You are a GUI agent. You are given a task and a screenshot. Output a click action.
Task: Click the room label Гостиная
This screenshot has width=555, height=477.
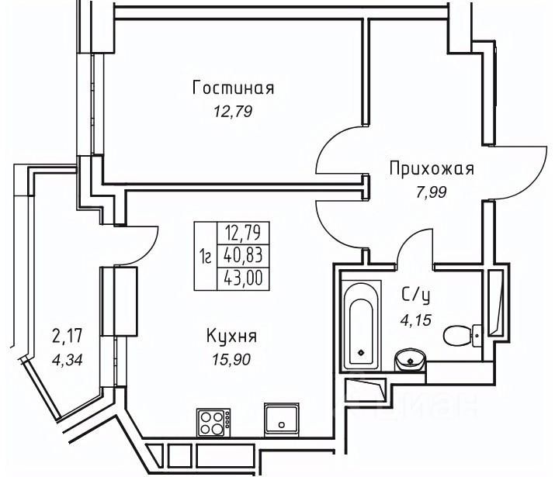point(234,88)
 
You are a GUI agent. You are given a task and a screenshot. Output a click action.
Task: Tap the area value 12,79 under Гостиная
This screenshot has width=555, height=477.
point(233,112)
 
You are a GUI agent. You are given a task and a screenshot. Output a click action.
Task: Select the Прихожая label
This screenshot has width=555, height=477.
point(432,168)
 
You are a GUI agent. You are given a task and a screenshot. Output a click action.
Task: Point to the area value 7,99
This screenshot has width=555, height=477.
point(431,192)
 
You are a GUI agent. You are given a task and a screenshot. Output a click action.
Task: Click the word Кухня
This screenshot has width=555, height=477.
point(231,336)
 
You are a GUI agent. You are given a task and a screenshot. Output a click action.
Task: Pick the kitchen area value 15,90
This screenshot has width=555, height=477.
point(231,360)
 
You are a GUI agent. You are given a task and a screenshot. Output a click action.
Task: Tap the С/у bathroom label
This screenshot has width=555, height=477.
point(416,296)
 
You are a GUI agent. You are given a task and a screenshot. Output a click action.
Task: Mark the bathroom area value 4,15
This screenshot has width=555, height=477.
point(416,320)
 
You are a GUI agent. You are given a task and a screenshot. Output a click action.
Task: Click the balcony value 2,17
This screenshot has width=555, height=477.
point(68,336)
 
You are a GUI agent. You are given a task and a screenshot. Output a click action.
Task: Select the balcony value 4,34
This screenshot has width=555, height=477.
point(68,361)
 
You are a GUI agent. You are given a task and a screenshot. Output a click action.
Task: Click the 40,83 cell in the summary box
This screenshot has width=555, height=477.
point(243,256)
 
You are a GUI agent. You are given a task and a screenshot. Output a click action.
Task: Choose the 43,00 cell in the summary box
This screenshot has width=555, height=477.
point(243,278)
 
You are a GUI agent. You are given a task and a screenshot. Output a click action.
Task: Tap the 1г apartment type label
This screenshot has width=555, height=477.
point(205,256)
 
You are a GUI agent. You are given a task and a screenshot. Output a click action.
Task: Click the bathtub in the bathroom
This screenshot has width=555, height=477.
point(361,326)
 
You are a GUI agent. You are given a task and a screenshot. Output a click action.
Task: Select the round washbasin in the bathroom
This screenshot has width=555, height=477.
point(410,360)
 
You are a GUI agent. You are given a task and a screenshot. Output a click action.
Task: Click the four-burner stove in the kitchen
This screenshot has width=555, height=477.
point(213,422)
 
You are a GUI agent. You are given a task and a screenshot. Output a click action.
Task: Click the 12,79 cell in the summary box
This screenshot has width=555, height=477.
point(243,233)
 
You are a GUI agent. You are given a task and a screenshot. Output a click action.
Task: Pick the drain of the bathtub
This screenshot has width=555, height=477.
point(361,352)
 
